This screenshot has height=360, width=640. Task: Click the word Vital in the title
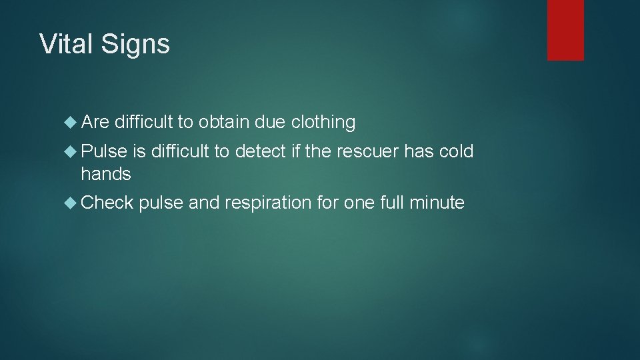pos(63,44)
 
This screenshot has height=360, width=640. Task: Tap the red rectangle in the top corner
pos(565,30)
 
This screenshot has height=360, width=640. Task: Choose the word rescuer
pos(370,152)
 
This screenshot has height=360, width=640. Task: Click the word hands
pos(106,175)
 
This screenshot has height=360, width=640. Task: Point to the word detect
pos(260,152)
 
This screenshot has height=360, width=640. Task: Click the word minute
pos(437,203)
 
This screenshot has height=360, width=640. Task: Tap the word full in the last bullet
pos(391,203)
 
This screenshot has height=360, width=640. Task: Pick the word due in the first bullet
pos(266,122)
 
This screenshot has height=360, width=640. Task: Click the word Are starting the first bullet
pos(95,122)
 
